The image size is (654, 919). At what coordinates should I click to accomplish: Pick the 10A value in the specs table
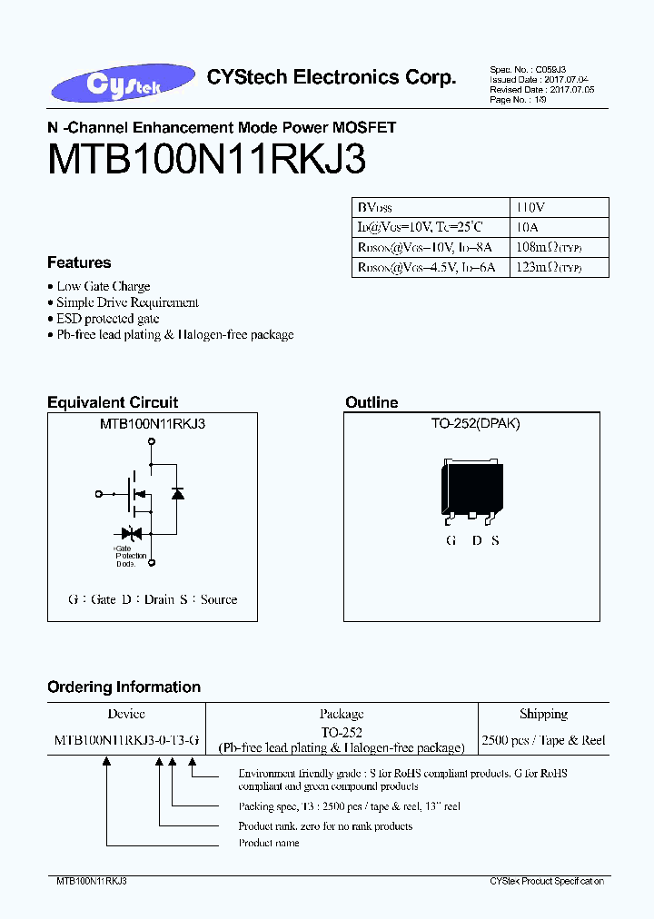click(x=527, y=227)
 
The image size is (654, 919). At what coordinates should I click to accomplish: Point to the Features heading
click(x=79, y=262)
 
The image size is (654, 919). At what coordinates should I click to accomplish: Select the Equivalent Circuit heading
click(x=113, y=402)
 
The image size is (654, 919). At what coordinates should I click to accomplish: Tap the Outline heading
click(x=372, y=402)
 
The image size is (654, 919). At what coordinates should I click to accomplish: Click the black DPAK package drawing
click(x=471, y=491)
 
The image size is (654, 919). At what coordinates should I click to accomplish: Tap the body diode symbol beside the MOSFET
click(x=177, y=493)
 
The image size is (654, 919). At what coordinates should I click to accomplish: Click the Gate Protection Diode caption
click(x=125, y=557)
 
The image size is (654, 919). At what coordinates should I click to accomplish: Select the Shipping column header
click(x=543, y=714)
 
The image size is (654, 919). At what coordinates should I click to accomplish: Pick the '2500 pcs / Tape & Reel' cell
click(x=543, y=740)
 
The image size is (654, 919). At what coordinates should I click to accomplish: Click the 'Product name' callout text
click(x=269, y=843)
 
